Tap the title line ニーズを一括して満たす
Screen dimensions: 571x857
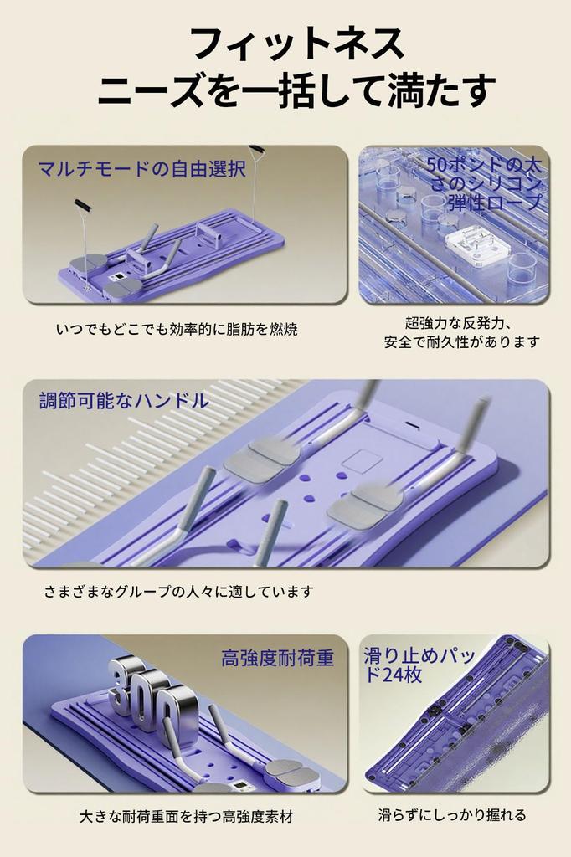click(x=297, y=89)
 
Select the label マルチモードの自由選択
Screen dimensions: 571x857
click(x=141, y=168)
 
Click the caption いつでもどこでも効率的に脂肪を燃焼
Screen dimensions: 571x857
click(x=177, y=330)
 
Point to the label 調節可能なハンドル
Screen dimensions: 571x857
click(x=124, y=401)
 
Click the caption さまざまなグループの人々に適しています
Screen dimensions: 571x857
click(x=179, y=592)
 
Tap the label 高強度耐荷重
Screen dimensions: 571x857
click(x=277, y=658)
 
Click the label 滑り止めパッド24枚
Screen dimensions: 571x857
click(x=419, y=665)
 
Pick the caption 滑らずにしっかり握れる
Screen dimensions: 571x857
click(x=452, y=815)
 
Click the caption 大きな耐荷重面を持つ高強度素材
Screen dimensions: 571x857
click(x=187, y=817)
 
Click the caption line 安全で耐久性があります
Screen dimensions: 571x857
click(x=462, y=342)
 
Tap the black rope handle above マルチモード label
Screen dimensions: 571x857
click(x=83, y=206)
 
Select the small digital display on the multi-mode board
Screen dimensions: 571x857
click(x=117, y=278)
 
